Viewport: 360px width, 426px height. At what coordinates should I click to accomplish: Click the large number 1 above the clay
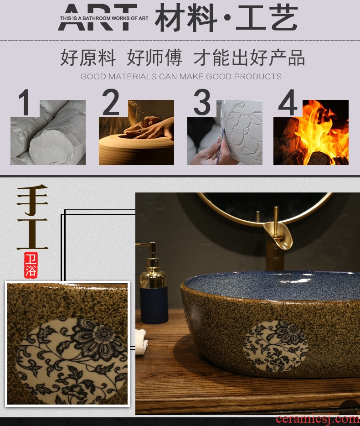[25, 103]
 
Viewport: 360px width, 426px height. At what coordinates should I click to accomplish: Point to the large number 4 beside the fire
[288, 103]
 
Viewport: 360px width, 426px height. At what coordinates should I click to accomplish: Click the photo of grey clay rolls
[48, 132]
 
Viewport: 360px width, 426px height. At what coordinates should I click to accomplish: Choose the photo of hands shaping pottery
[136, 132]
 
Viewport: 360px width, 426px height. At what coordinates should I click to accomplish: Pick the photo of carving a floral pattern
[225, 132]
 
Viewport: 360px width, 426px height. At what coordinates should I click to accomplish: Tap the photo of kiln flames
[311, 132]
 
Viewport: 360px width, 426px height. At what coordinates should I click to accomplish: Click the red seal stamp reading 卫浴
[31, 265]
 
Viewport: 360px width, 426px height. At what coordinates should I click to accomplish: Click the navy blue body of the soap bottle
[154, 305]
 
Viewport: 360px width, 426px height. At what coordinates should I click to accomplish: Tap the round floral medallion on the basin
[275, 346]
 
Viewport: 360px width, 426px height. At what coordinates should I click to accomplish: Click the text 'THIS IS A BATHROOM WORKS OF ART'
[104, 18]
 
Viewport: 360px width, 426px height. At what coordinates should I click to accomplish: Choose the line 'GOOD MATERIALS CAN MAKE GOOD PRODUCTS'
[181, 76]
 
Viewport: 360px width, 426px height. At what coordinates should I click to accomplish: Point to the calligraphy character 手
[32, 200]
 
